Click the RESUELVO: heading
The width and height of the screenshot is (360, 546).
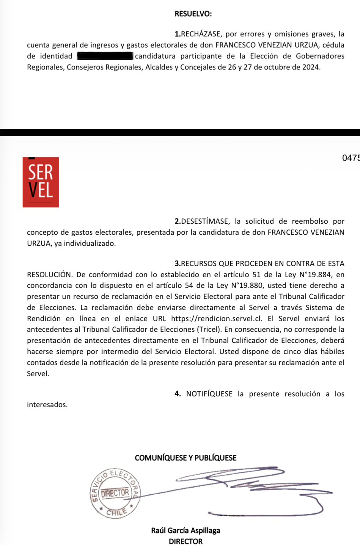coord(193,14)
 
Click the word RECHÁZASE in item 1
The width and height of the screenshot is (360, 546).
coord(201,34)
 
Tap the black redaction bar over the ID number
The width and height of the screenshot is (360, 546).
coord(105,56)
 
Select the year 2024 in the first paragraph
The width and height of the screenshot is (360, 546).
coord(311,67)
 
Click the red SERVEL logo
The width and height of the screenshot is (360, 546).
coord(41,182)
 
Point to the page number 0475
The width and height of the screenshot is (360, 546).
coord(351,158)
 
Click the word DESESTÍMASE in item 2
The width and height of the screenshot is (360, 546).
coord(205,221)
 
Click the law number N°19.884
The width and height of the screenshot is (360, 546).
coord(314,275)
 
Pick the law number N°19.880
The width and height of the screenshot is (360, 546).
coord(246,286)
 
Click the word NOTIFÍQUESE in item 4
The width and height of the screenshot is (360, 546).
coord(209,394)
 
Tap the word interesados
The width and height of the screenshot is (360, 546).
coord(47,405)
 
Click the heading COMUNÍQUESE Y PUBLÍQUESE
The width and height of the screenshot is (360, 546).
coord(186,458)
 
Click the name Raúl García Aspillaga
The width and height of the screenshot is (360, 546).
coord(186,530)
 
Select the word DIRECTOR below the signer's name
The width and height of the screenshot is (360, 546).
coord(186,541)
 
